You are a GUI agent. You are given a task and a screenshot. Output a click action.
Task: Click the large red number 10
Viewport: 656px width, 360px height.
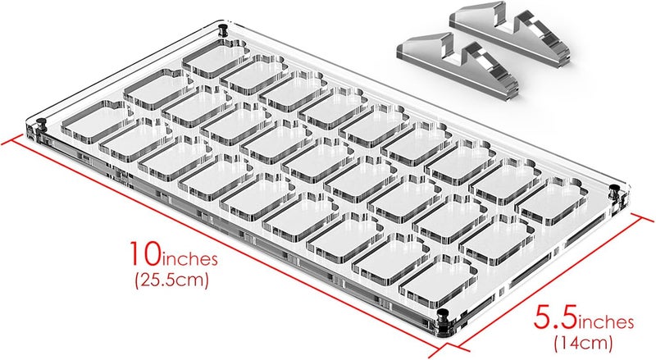[144, 253]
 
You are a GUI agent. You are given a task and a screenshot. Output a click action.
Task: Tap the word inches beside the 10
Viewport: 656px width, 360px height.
[189, 258]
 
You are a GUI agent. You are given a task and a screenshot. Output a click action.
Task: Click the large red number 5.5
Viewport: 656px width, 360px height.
[555, 317]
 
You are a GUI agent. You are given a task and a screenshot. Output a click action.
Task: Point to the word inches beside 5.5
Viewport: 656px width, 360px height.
[606, 322]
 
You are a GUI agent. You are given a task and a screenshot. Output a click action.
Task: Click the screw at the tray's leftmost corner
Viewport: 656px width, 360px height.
[41, 124]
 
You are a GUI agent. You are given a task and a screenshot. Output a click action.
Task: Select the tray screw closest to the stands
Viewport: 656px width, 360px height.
[223, 30]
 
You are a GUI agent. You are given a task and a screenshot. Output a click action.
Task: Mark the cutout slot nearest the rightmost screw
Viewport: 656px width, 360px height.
[551, 201]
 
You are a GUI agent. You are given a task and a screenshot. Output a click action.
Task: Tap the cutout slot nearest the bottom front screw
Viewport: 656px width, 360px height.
[438, 284]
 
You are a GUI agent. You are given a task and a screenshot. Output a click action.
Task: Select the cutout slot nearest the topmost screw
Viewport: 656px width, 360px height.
[216, 59]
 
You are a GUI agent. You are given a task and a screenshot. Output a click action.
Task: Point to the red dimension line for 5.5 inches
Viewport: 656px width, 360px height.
[548, 280]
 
